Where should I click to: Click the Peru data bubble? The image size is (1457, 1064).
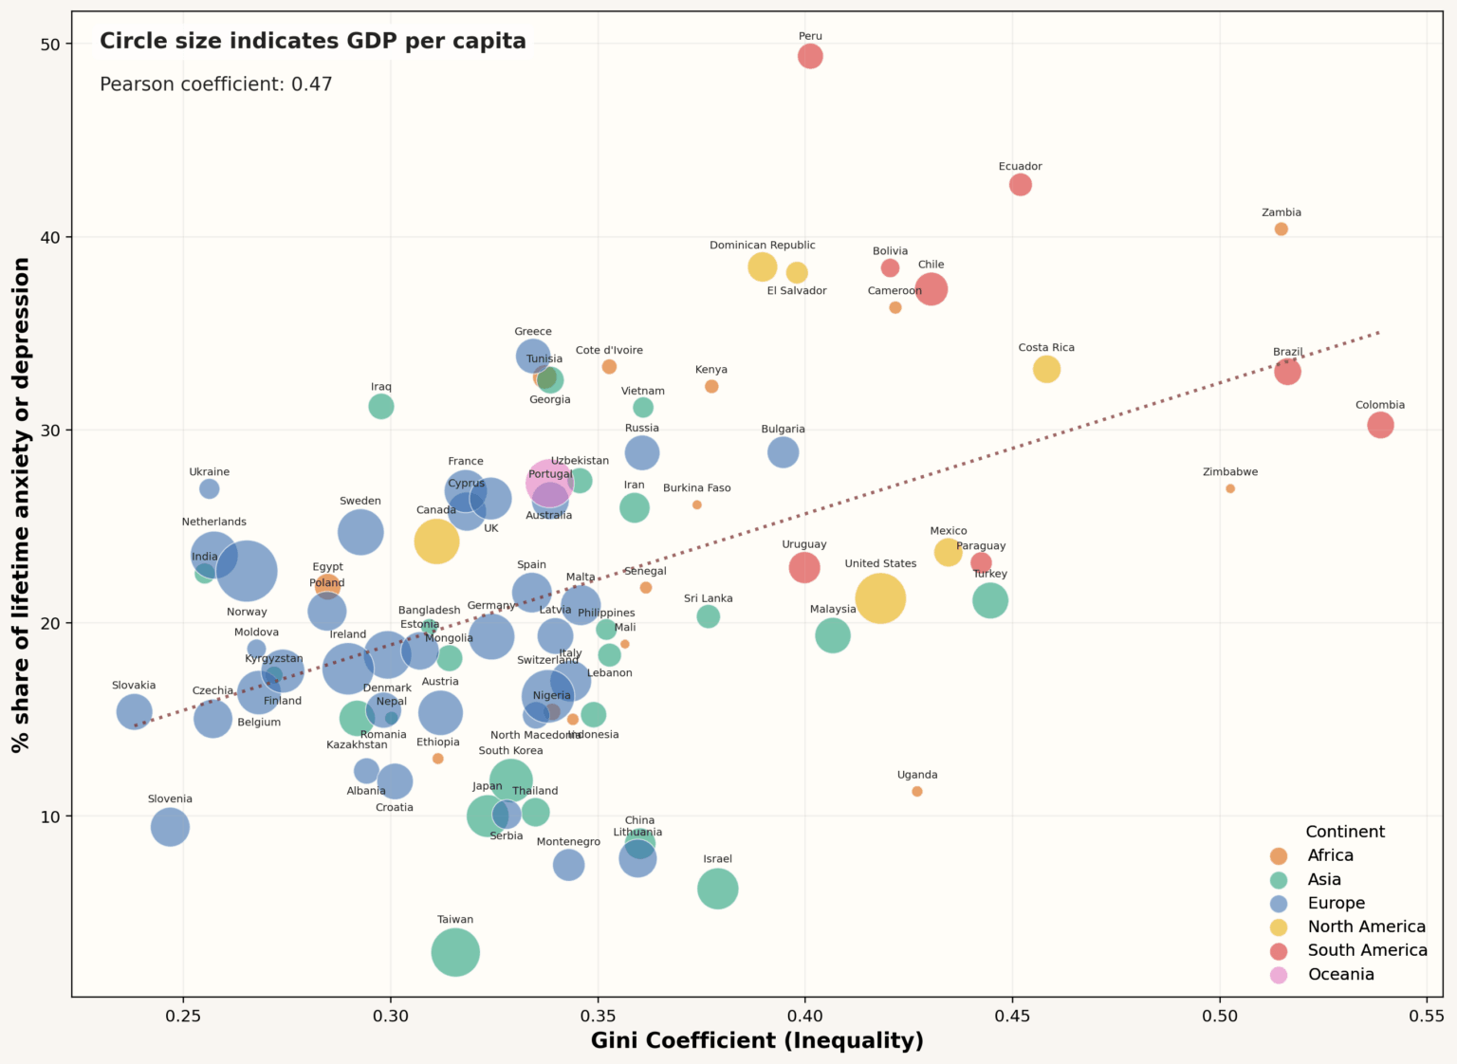[x=809, y=56]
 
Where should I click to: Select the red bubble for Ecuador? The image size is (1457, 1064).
[x=1020, y=185]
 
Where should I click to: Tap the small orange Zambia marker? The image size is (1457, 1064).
[x=1281, y=229]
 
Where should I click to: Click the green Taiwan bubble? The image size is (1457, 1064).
[x=455, y=952]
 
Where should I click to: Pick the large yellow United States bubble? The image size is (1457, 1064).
[x=880, y=598]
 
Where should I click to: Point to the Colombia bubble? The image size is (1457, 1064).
[x=1380, y=425]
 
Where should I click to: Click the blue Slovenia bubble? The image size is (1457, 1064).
[x=170, y=827]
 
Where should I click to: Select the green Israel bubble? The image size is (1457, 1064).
[x=718, y=889]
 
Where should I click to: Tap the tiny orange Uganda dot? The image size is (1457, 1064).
[x=916, y=792]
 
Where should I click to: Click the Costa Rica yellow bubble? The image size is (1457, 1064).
[x=1046, y=369]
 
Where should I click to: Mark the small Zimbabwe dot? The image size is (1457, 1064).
[x=1230, y=488]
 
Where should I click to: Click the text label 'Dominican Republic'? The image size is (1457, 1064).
[x=762, y=246]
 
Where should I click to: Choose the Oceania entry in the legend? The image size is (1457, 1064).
[x=1340, y=975]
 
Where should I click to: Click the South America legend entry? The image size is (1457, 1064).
[x=1367, y=950]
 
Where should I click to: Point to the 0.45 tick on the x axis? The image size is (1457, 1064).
[x=1012, y=1017]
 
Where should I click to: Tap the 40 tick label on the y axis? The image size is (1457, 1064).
[x=49, y=237]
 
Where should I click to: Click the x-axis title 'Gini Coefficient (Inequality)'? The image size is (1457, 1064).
[x=757, y=1040]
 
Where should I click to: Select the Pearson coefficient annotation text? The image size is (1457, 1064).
[x=216, y=84]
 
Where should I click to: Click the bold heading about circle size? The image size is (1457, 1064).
[x=313, y=41]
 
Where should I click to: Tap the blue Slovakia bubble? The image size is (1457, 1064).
[x=134, y=711]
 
